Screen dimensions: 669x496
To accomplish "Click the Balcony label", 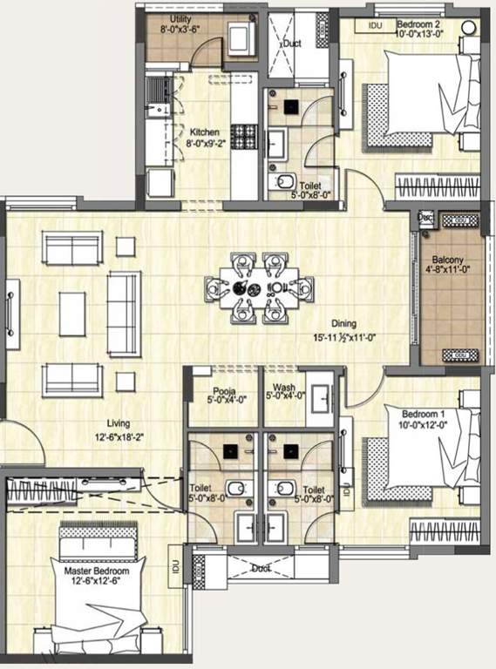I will tap(450, 259).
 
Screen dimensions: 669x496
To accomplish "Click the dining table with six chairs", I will tap(258, 287).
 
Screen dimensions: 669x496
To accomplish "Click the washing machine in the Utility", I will tap(238, 40).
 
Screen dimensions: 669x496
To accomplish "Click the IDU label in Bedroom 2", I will tap(376, 26).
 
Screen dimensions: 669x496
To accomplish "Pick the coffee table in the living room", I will tap(71, 312).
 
